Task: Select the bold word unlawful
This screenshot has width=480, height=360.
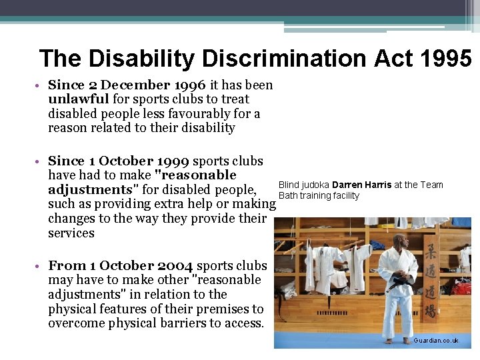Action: click(x=79, y=99)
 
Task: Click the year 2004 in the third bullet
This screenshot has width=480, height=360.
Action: click(x=176, y=265)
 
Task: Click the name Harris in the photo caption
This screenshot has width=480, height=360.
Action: click(x=378, y=185)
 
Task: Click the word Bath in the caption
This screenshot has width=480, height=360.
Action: click(x=287, y=195)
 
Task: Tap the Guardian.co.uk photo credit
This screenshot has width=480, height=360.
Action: click(x=436, y=341)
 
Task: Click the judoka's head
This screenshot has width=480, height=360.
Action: click(x=399, y=241)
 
